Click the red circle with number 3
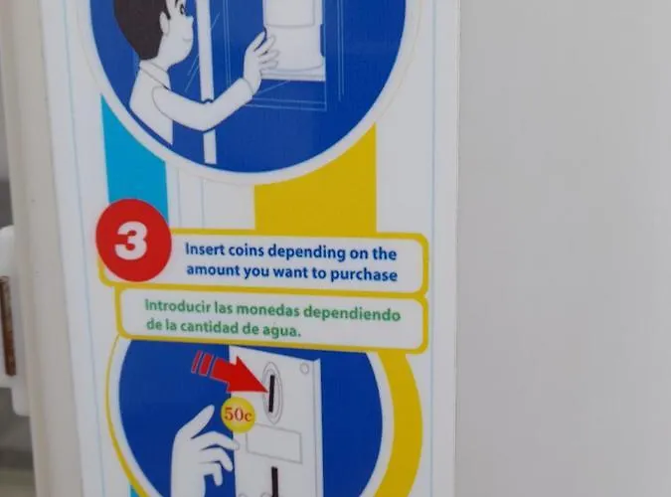click(x=132, y=241)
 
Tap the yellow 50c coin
click(x=238, y=414)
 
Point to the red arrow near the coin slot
click(x=234, y=373)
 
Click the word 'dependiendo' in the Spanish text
click(x=352, y=313)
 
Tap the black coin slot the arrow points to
click(x=271, y=392)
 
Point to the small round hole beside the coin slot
click(x=304, y=369)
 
